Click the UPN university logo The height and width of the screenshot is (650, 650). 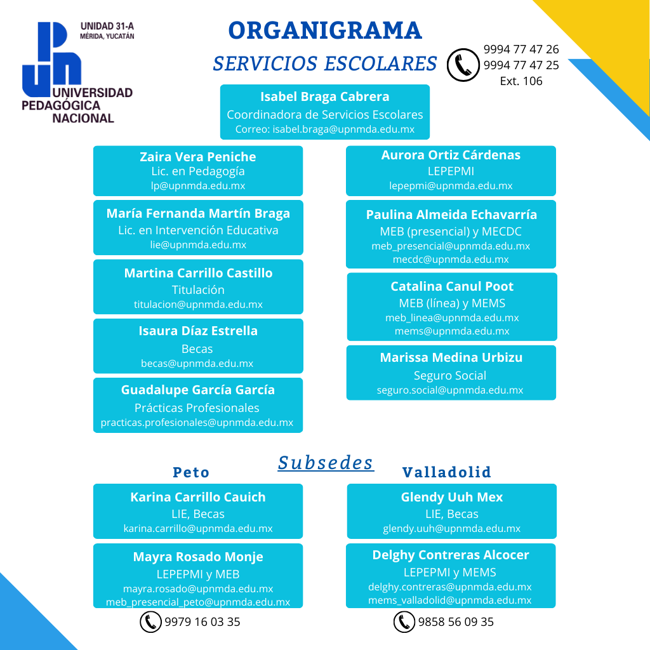coord(76,71)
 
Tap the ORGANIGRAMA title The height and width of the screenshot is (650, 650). coord(324,30)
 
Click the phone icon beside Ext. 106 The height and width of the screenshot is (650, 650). coord(463,65)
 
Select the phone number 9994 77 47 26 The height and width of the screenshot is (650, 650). coord(521,49)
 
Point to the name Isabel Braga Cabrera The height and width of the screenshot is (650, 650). coord(324,96)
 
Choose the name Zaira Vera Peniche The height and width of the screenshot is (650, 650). coord(197,157)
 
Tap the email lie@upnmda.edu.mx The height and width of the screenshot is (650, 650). coord(198,244)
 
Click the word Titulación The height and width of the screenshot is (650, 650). coord(198,289)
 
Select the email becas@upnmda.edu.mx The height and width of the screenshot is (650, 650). coord(197,364)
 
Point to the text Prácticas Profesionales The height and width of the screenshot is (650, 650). coord(197,408)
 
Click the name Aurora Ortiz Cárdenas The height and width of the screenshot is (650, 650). coord(451,155)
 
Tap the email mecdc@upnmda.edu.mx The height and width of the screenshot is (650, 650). coord(451,259)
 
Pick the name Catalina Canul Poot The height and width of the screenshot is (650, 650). coord(452,286)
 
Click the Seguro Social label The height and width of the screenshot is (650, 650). coord(450,375)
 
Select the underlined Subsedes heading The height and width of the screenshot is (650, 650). coord(326,462)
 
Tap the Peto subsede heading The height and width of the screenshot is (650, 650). coord(191,472)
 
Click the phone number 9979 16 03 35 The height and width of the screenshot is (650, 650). coord(202,622)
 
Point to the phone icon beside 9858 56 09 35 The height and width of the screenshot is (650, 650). coord(404,622)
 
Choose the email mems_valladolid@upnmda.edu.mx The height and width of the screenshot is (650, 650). coord(450,600)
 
